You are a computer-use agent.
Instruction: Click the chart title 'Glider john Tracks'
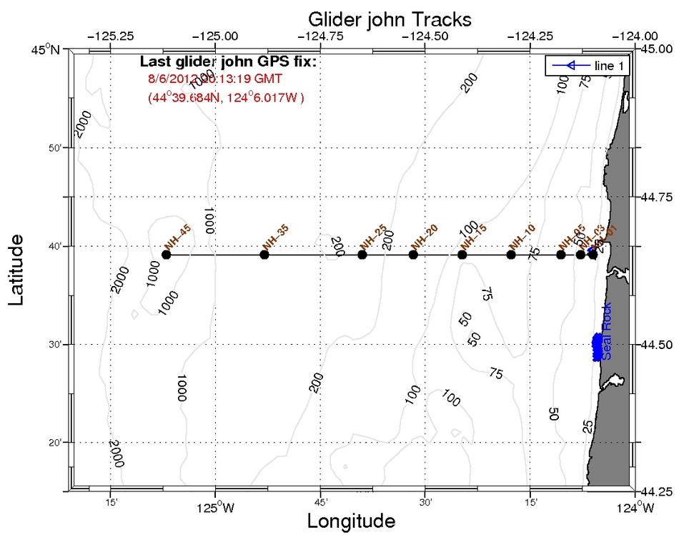tap(390, 18)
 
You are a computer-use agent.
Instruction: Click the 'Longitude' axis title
tap(351, 521)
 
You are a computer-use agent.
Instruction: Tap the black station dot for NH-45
tap(167, 255)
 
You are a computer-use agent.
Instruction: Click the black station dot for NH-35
tap(264, 255)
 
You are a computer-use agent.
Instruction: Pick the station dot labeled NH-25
tap(362, 255)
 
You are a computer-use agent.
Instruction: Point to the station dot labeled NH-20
tap(413, 255)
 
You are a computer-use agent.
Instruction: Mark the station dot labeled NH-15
tap(462, 255)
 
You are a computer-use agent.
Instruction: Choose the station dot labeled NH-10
tap(511, 255)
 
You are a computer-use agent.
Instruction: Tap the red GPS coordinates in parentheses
tap(226, 98)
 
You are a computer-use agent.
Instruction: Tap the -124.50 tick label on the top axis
tap(425, 35)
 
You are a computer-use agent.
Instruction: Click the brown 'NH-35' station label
tap(276, 237)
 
